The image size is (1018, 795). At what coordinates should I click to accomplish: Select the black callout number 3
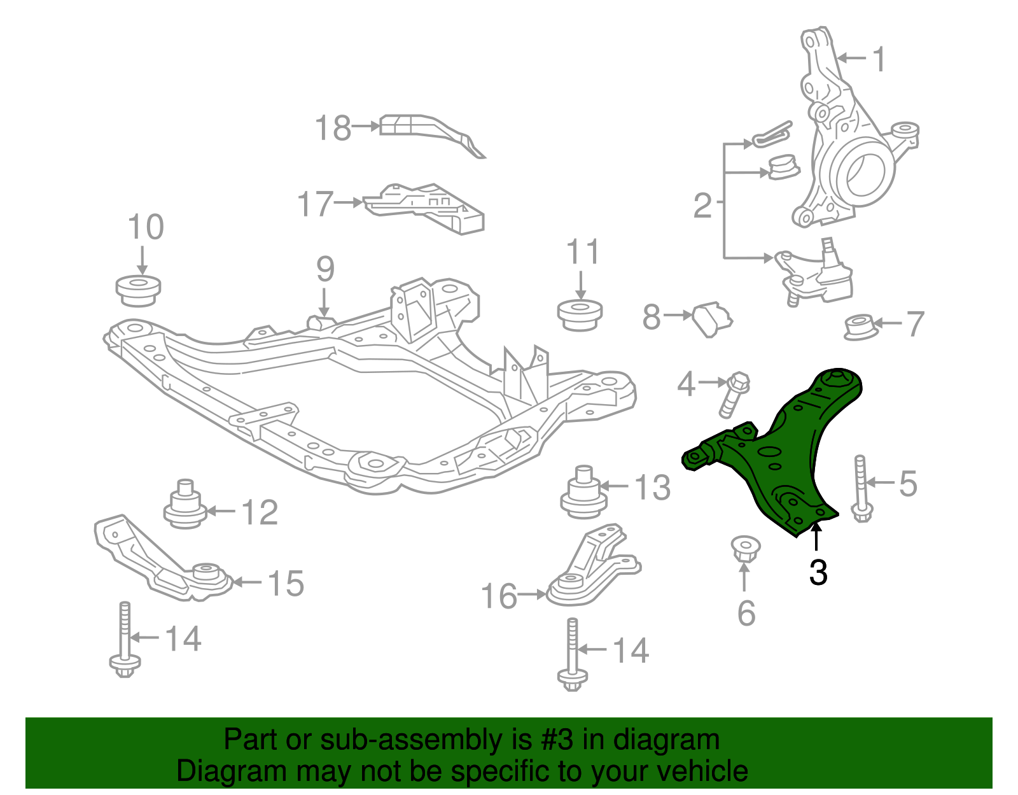tap(818, 572)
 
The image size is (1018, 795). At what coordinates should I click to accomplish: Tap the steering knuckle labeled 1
tap(846, 153)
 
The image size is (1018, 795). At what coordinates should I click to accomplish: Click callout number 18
tap(333, 128)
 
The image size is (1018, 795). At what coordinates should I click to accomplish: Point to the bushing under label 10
tap(138, 290)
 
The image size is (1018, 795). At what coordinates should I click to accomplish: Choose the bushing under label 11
tap(580, 314)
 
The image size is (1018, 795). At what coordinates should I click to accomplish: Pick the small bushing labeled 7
tap(860, 327)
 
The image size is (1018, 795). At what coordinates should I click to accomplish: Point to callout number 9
tap(324, 270)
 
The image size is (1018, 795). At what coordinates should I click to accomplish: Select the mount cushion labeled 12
tap(185, 506)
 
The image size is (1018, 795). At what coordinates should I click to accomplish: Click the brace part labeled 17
tap(426, 206)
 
